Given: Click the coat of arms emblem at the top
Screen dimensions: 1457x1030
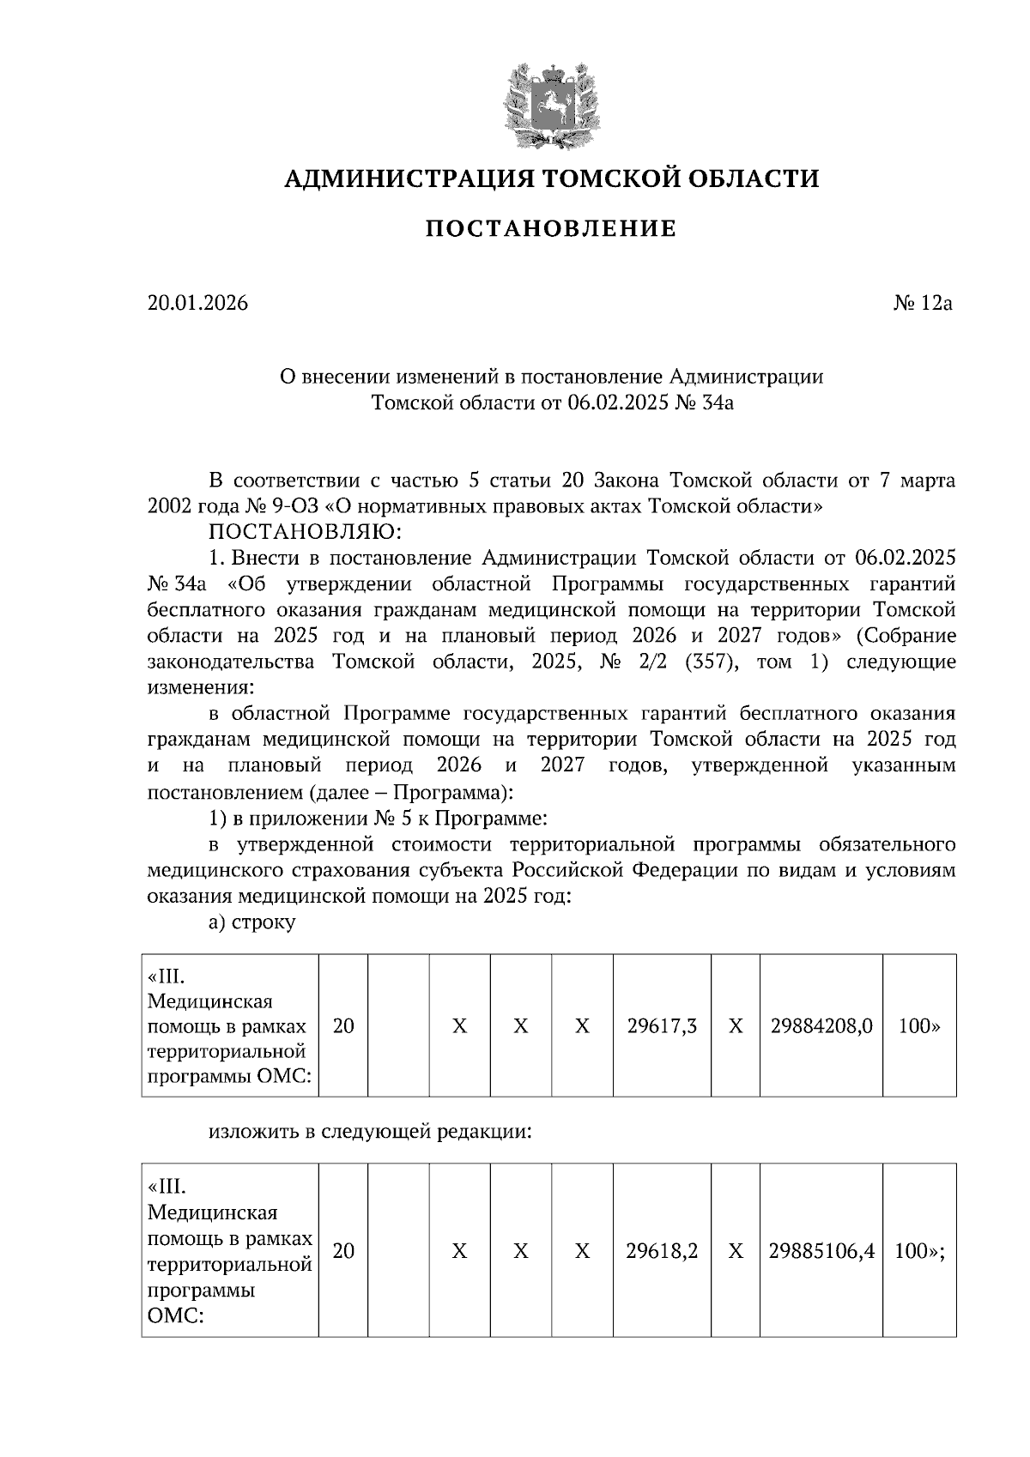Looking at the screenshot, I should coord(551,104).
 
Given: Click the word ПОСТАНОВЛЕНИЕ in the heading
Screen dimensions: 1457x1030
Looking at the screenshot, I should coord(551,229).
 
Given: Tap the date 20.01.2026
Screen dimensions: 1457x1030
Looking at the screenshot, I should coord(197,303).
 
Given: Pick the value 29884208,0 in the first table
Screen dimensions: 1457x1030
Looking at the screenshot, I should coord(821,1025).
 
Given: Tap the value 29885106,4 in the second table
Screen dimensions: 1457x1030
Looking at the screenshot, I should coord(821,1251).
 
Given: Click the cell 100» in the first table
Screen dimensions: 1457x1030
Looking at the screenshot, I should coord(919,1025).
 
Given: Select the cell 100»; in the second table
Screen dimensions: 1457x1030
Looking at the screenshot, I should coord(919,1251).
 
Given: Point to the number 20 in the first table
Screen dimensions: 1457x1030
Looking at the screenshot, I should coord(343,1025).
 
